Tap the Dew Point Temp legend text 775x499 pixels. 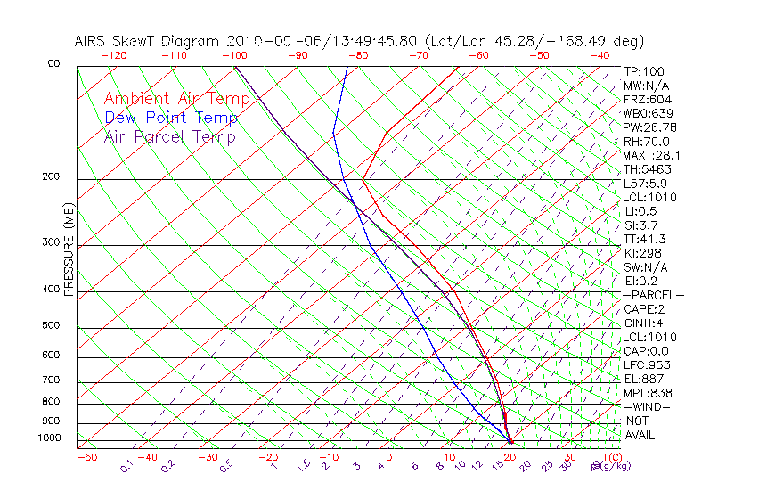tap(170, 118)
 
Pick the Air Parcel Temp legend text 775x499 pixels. tap(169, 136)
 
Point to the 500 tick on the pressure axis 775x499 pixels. tap(52, 326)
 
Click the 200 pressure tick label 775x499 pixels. tap(52, 177)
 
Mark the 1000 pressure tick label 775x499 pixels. tap(49, 438)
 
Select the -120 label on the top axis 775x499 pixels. tap(113, 55)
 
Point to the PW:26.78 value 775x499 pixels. tap(646, 127)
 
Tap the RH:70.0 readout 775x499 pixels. tap(646, 142)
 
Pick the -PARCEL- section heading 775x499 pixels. tap(653, 295)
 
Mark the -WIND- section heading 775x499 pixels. tap(646, 406)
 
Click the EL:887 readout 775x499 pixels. tap(643, 379)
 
